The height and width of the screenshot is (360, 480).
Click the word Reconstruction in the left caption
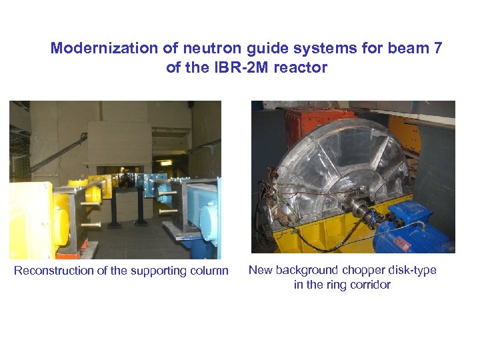[x=54, y=271]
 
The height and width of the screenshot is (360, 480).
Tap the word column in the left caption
[x=208, y=271]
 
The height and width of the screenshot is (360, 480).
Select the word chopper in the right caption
[x=366, y=270]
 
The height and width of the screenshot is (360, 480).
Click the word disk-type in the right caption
[x=413, y=270]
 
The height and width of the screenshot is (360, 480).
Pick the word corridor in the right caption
[x=368, y=285]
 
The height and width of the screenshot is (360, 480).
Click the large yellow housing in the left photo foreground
[x=30, y=220]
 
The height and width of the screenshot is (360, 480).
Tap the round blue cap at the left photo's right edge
[x=213, y=216]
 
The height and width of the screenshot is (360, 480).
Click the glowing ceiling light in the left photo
[x=165, y=162]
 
